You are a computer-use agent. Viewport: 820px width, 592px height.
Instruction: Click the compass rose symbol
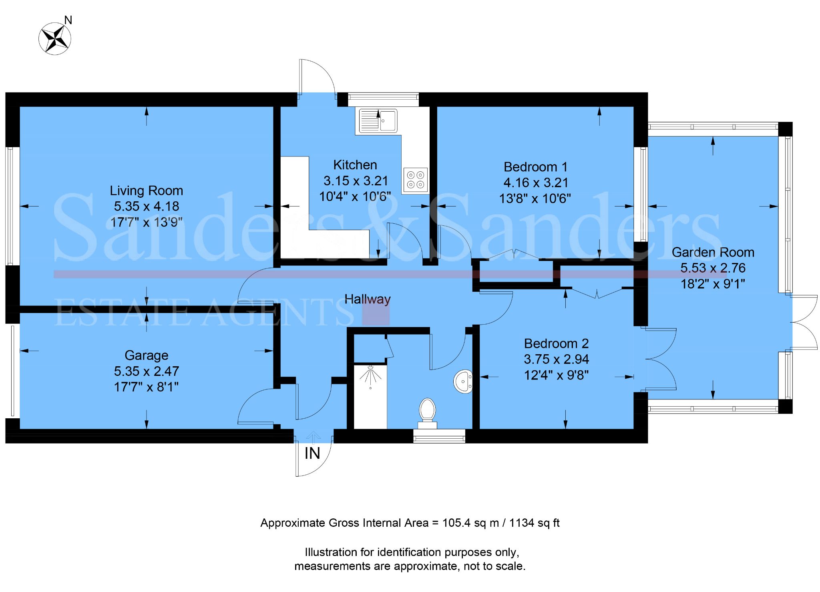55,39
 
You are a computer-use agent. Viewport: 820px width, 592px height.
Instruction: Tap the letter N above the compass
68,20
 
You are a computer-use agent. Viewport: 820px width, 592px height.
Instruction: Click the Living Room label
146,191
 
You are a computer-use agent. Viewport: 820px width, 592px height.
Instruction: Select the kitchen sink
378,120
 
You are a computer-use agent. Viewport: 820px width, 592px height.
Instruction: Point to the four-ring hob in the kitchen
415,180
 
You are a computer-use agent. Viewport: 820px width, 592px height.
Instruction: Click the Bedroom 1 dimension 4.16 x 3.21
536,183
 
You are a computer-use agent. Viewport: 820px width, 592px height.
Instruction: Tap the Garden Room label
713,252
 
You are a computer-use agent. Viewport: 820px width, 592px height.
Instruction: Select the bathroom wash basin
464,381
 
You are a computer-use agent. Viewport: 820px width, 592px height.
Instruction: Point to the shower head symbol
371,375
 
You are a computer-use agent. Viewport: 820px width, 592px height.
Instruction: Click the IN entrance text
312,454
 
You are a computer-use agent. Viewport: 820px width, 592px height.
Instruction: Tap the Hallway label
367,299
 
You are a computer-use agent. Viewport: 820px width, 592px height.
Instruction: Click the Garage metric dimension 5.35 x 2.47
146,371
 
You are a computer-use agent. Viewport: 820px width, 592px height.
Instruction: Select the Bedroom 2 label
556,343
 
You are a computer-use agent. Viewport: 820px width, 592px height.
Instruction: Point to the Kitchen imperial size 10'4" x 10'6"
355,197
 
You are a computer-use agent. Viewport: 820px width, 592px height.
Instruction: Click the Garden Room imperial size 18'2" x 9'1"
713,284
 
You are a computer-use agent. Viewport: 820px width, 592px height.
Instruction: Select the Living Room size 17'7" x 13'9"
146,222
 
